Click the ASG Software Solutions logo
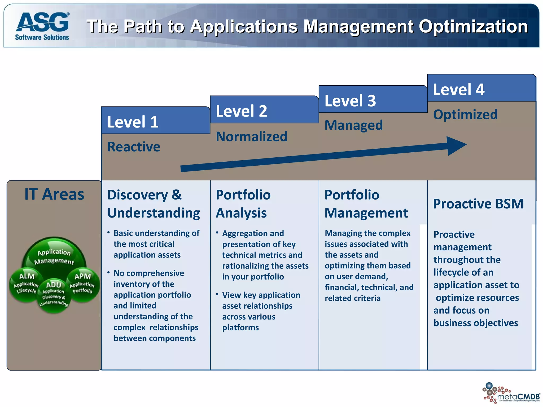[42, 26]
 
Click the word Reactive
[134, 147]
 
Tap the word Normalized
[251, 136]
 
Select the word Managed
[354, 125]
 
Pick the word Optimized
[465, 114]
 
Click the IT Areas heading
[54, 194]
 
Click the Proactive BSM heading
[478, 204]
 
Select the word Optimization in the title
[473, 26]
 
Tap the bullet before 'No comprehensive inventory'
[109, 272]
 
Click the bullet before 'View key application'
[217, 294]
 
